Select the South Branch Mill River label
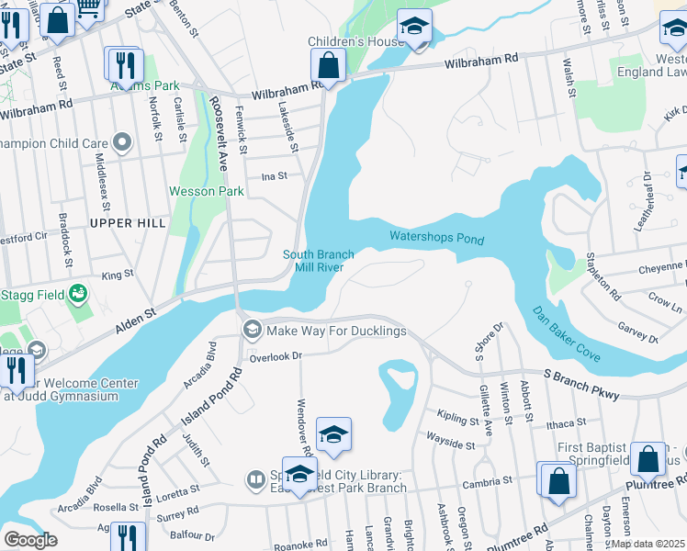coord(312,261)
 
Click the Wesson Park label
coord(207,192)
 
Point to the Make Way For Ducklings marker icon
coord(251,330)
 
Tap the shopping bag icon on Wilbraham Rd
coord(328,65)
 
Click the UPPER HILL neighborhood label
coord(129,223)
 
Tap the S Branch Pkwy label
coord(580,384)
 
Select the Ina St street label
coord(275,175)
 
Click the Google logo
coord(30,540)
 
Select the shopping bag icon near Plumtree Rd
coord(557,481)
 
